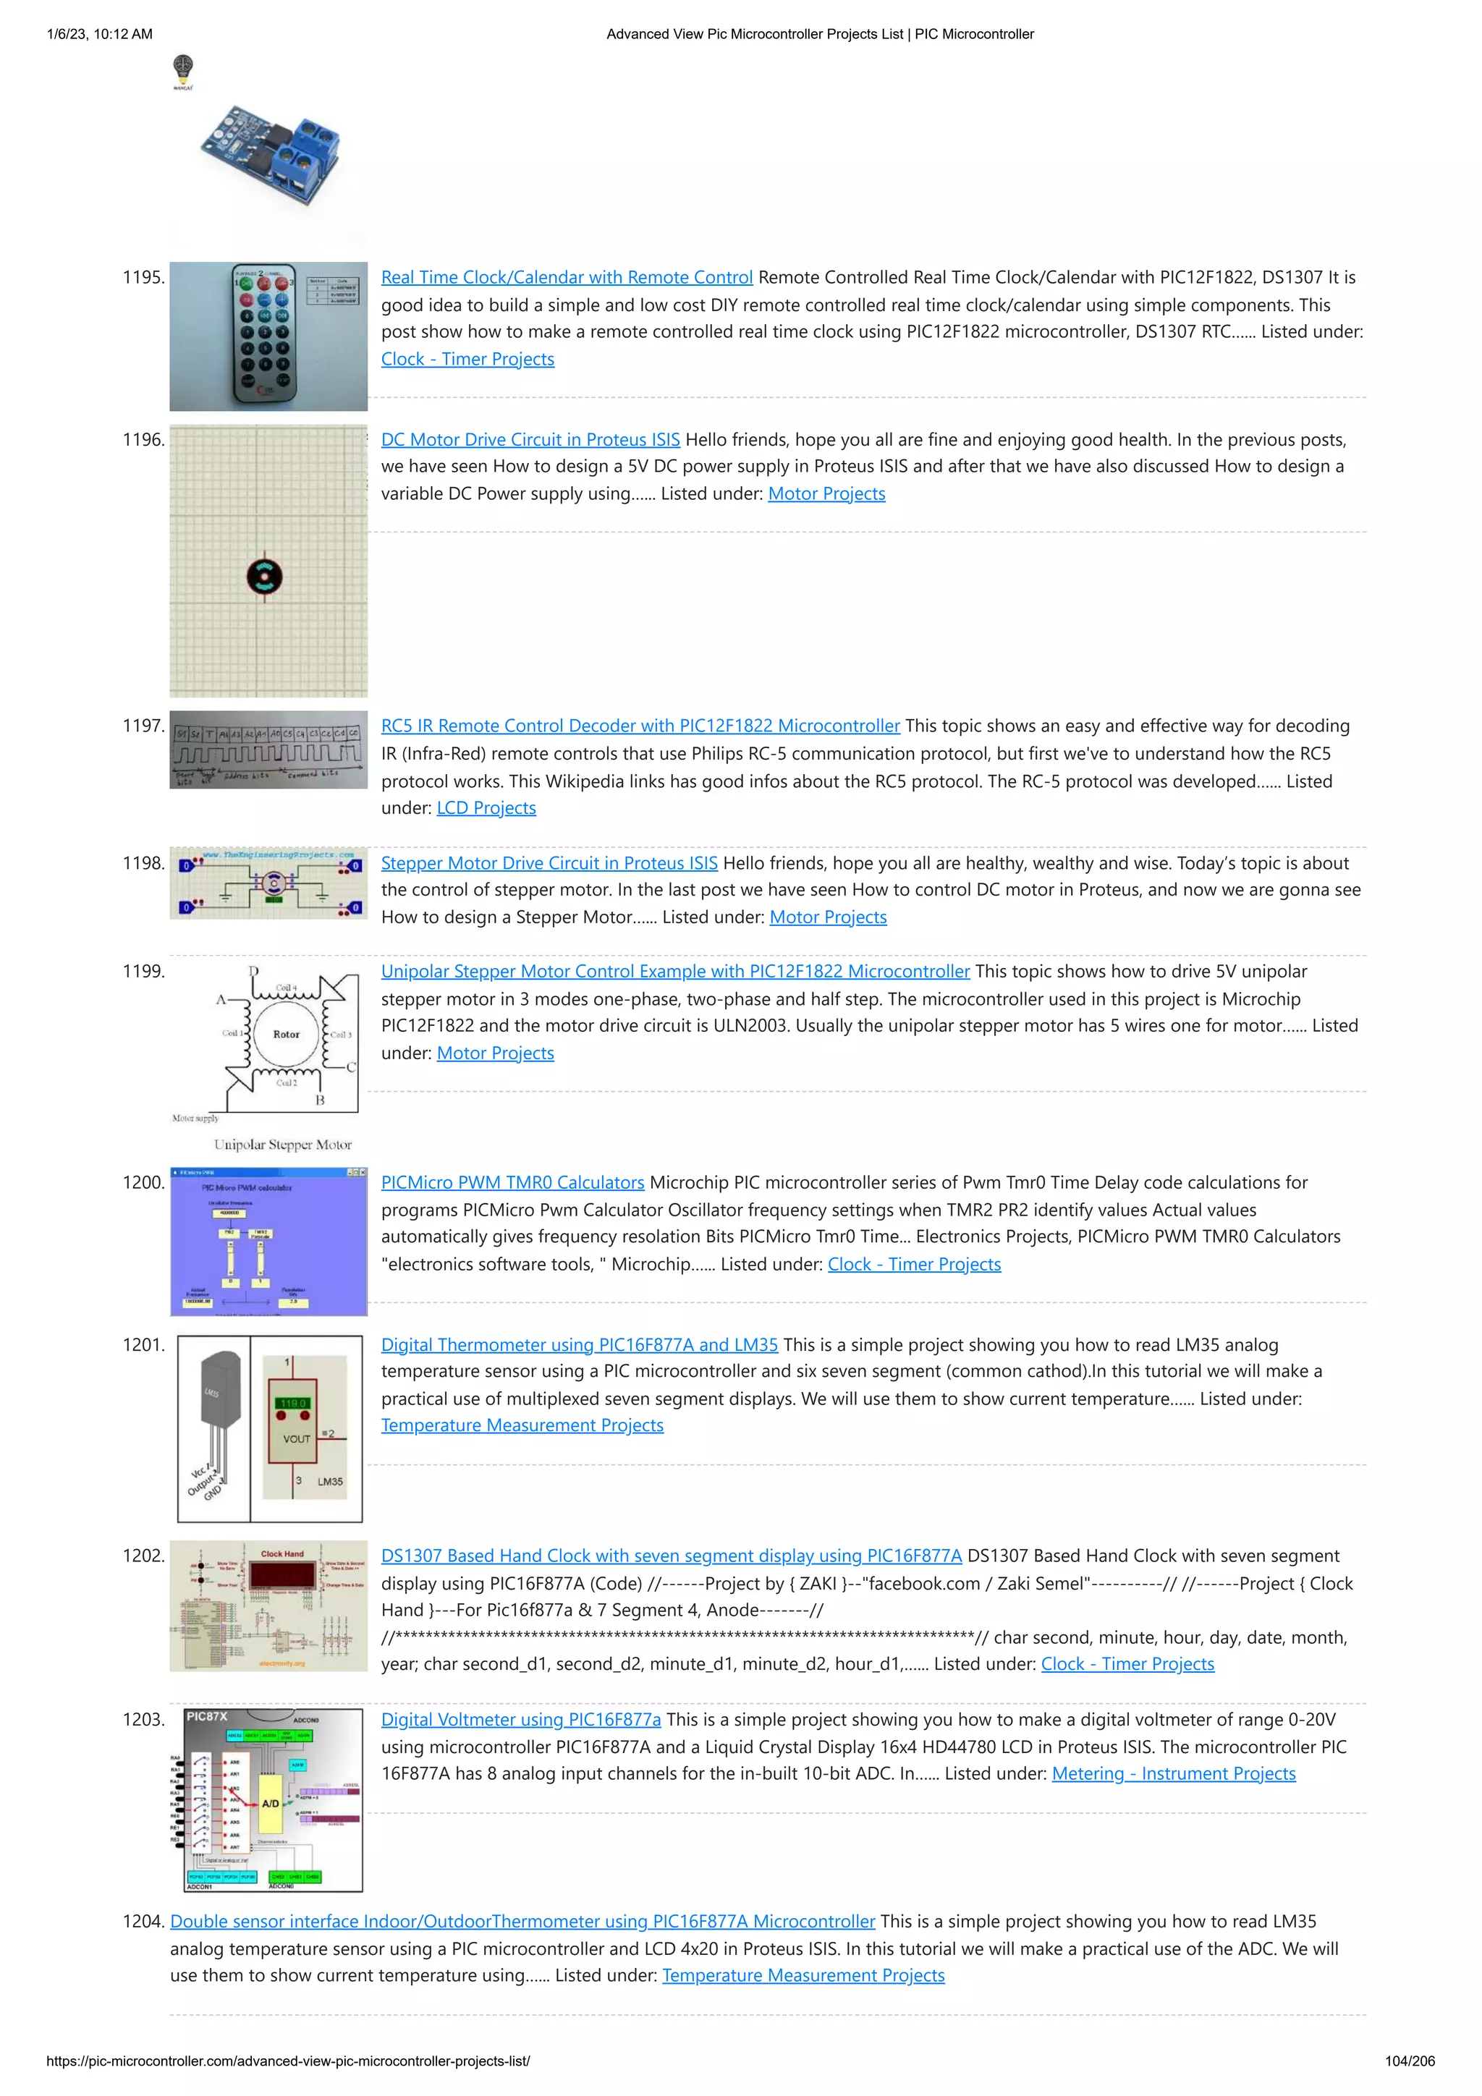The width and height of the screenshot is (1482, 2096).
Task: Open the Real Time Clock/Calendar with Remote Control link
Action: pos(566,278)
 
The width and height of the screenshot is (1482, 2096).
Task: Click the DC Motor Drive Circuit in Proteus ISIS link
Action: pos(530,440)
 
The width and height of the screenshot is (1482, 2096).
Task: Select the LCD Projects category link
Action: pos(486,809)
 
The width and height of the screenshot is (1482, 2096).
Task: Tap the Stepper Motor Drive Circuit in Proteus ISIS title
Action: pos(549,864)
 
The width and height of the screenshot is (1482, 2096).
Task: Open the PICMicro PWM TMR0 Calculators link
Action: pos(512,1183)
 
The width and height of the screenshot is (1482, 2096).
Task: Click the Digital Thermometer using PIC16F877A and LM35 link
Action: pos(579,1346)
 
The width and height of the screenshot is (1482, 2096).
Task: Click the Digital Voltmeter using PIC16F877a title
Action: pos(520,1720)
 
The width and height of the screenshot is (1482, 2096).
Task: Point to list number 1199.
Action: pos(143,972)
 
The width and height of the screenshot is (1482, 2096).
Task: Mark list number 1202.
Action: pos(143,1556)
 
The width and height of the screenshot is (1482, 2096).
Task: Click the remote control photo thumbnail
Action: pos(268,336)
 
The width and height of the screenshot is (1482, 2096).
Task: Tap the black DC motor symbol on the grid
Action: pos(265,576)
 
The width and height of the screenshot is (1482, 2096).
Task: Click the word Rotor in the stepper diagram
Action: pos(286,1035)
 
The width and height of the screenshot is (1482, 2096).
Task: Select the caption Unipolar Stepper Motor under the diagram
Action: pos(282,1145)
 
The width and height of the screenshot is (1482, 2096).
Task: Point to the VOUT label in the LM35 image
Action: pos(297,1440)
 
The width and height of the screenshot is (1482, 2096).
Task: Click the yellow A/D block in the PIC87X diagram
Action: pos(271,1803)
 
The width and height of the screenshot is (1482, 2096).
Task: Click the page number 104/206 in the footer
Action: pos(1409,2061)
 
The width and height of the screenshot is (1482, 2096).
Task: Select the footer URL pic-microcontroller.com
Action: pos(287,2061)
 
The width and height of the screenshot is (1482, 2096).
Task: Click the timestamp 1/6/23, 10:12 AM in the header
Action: pos(100,35)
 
